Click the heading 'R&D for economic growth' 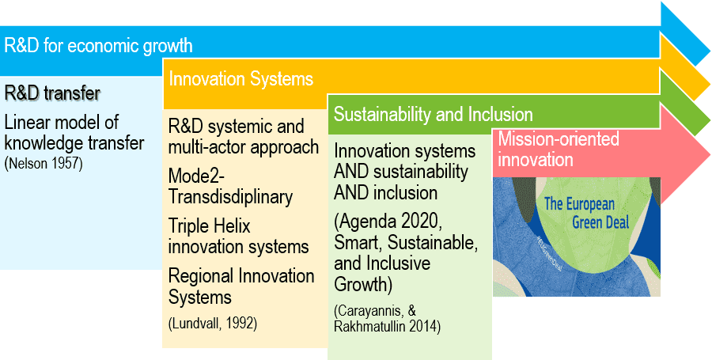coord(98,46)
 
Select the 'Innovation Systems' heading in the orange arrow coord(241,79)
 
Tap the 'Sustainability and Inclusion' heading coord(434,115)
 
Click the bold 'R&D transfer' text coord(52,93)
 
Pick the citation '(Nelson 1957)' coord(44,163)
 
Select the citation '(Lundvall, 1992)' coord(213,324)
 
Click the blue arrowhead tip coord(710,47)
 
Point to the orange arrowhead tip coord(710,84)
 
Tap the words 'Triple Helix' coord(210,225)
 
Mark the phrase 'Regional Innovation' coord(241,276)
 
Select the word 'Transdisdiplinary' coord(230,197)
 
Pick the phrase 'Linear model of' coord(62,122)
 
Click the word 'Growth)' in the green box coord(363,285)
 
